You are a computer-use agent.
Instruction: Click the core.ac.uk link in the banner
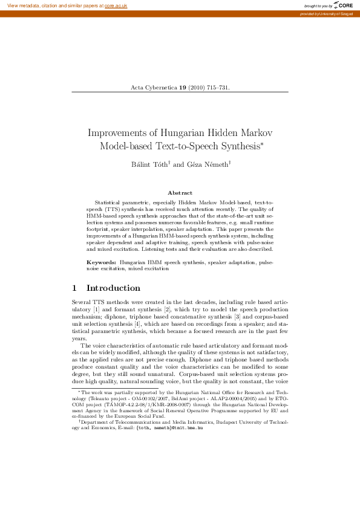point(115,5)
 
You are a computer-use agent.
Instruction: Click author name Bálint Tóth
point(149,164)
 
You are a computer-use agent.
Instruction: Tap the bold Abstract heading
point(180,192)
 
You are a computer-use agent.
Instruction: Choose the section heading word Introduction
point(114,288)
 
